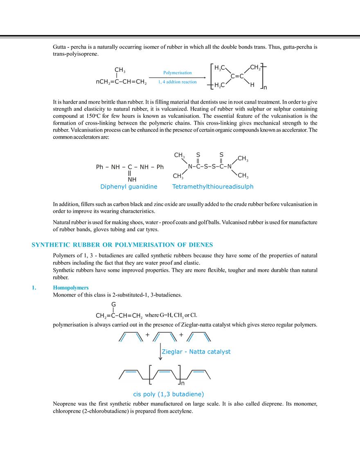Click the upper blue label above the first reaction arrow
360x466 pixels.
coord(177,72)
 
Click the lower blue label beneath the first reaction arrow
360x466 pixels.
coord(178,82)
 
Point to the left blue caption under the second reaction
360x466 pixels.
coord(129,187)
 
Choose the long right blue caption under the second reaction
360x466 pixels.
coord(213,187)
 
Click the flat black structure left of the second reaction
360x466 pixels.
coord(130,167)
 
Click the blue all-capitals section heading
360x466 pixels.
coord(122,245)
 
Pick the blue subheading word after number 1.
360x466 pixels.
coord(70,288)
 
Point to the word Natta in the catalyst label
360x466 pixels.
coord(192,352)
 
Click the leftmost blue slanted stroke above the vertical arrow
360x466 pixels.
coord(122,336)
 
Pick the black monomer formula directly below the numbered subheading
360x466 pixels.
coord(119,316)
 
